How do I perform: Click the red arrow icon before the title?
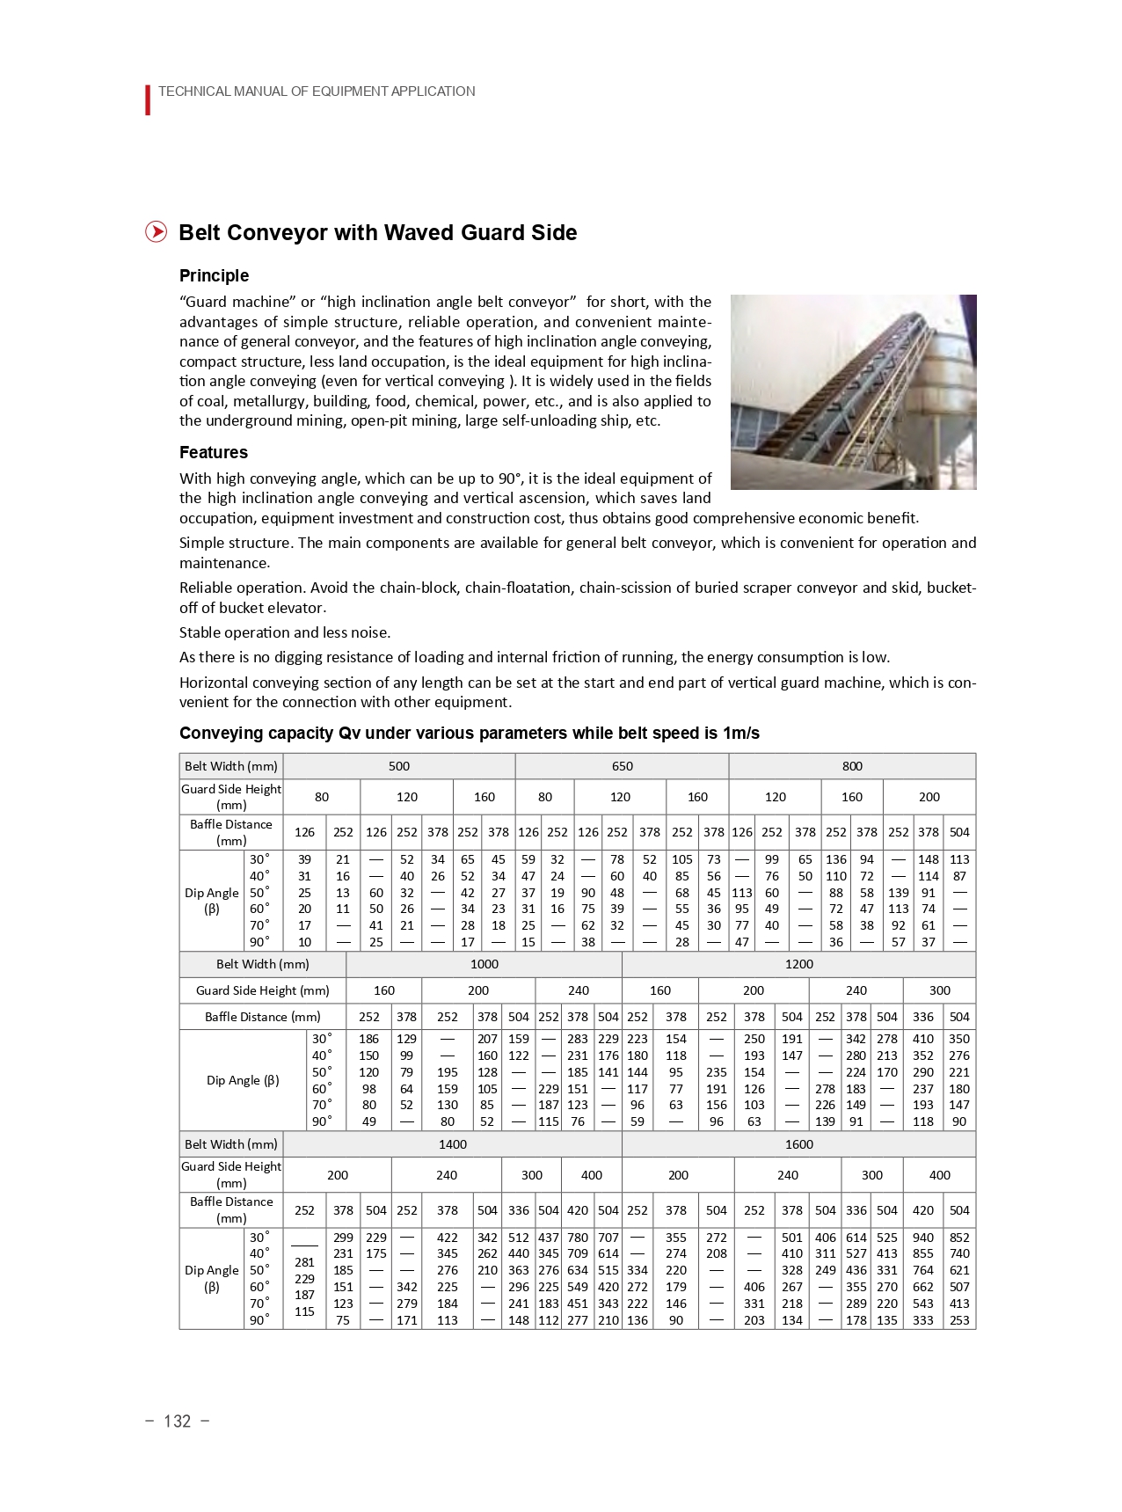tap(156, 232)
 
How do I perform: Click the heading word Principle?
tap(214, 275)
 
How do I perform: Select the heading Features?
tap(213, 452)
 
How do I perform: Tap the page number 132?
tap(177, 1421)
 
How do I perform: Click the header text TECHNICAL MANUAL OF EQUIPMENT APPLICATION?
tap(317, 91)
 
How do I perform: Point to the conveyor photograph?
tap(853, 391)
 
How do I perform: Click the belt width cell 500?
tap(398, 766)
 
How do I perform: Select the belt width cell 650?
tap(622, 766)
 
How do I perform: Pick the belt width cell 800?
tap(851, 766)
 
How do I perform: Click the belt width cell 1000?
tap(484, 964)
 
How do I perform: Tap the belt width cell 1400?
tap(452, 1144)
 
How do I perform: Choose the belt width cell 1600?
tap(798, 1144)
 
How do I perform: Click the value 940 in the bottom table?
tap(922, 1238)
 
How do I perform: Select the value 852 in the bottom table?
tap(959, 1238)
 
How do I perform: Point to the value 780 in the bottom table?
tap(577, 1238)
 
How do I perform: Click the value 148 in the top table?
tap(928, 859)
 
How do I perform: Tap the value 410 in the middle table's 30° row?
tap(922, 1039)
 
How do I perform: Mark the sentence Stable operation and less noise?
tap(284, 632)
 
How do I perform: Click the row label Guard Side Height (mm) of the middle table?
tap(262, 990)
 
